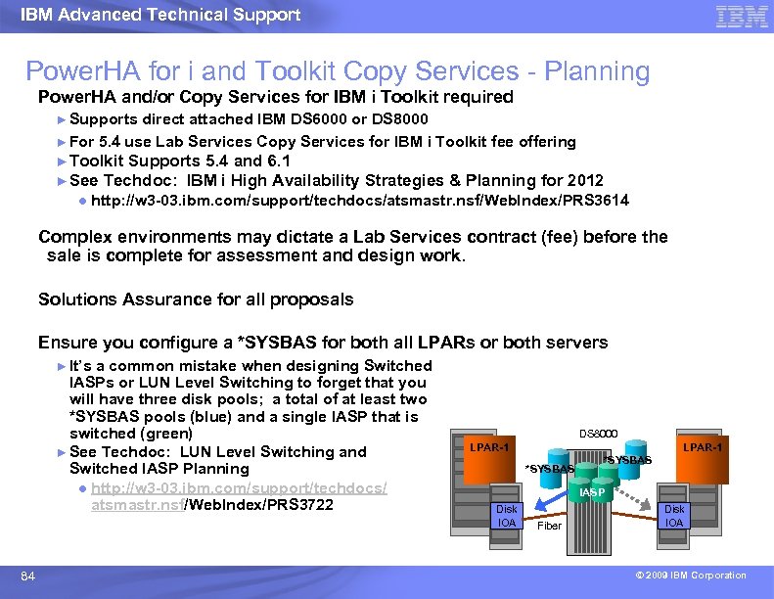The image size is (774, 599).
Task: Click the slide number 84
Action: [28, 576]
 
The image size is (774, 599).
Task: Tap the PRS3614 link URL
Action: [359, 201]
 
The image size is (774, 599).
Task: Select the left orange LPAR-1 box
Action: [488, 447]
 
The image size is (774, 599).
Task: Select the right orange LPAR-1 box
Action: [703, 447]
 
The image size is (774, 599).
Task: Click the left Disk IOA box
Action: [506, 516]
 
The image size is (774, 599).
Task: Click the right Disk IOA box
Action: [675, 516]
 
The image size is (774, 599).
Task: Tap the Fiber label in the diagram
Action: [550, 526]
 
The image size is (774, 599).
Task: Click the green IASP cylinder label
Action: [592, 492]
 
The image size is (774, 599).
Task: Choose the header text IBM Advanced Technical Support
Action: [160, 15]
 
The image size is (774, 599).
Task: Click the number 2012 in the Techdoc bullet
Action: [584, 180]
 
